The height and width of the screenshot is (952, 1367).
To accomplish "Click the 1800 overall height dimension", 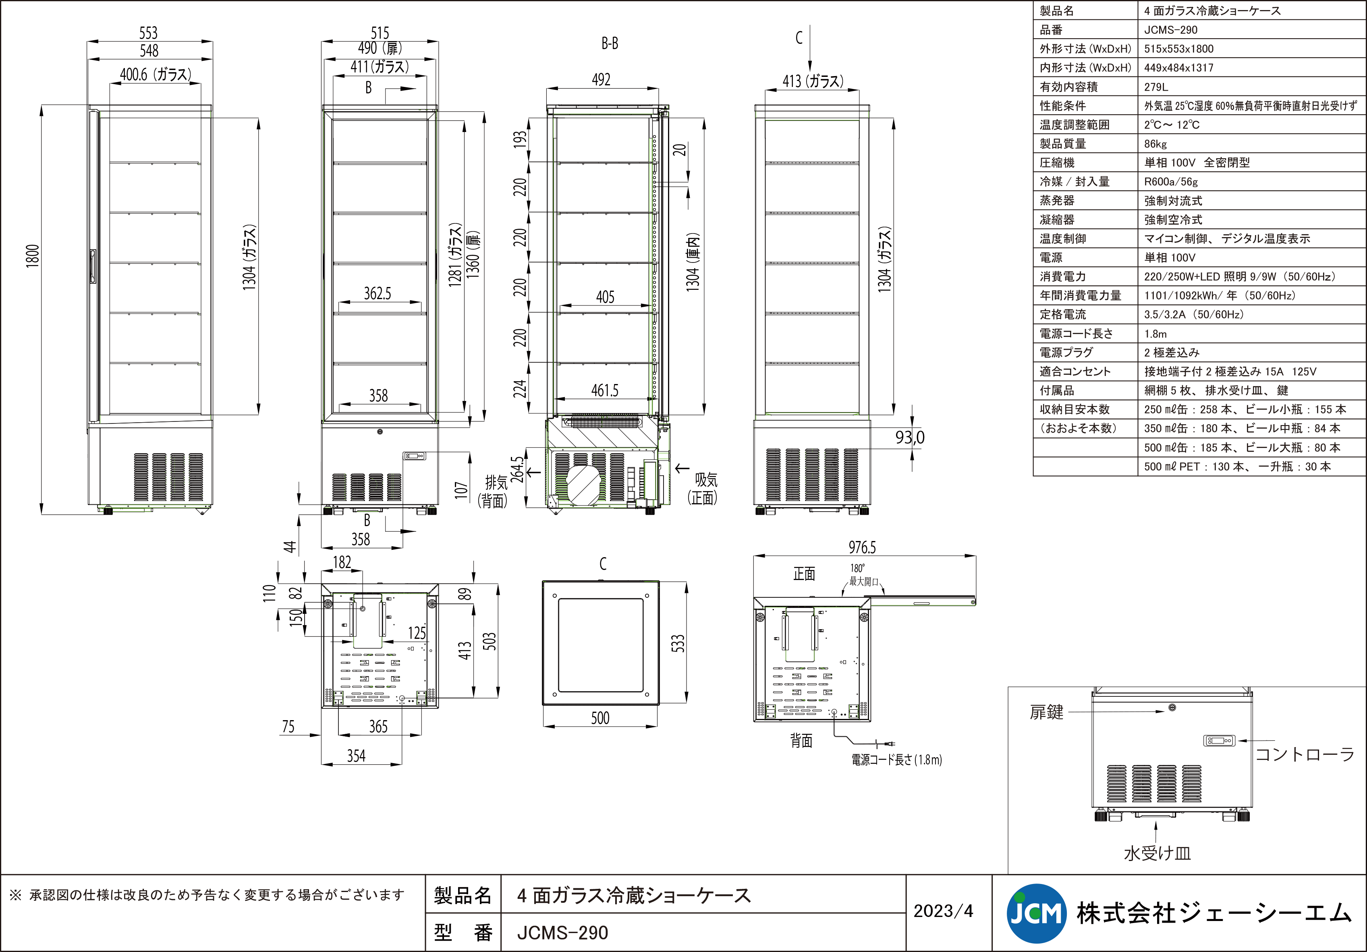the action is point(33,256).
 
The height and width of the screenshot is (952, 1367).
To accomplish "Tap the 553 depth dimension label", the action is point(148,33).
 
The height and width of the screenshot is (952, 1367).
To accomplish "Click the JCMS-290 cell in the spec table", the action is point(1170,30).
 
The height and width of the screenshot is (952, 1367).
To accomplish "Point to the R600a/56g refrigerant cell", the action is point(1170,182).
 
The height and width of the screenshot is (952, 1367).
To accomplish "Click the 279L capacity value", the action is point(1155,87).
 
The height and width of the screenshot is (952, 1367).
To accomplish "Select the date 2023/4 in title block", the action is point(943,911).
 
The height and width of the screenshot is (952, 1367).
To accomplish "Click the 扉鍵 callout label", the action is point(1046,712).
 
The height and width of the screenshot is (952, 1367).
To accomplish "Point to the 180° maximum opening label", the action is point(863,575).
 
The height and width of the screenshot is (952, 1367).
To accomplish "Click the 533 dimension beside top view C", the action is point(678,643).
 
